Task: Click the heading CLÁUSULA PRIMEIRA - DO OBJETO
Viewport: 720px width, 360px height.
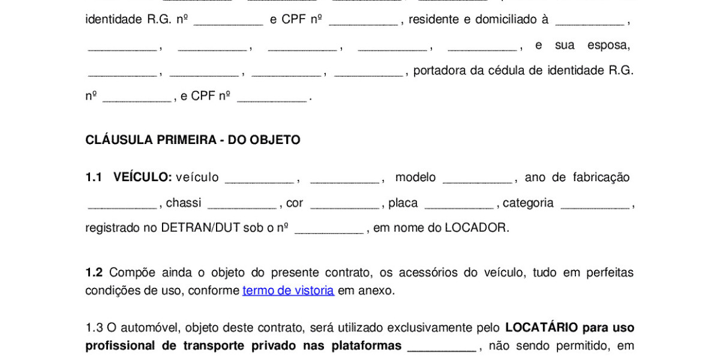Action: click(x=193, y=140)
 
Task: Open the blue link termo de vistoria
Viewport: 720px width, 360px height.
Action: click(x=288, y=290)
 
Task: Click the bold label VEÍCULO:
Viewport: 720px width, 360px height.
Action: click(x=142, y=178)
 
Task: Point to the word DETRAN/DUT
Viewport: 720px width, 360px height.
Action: click(x=201, y=228)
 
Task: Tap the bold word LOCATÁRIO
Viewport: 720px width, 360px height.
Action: click(x=542, y=328)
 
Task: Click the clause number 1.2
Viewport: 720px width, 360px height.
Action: click(x=94, y=272)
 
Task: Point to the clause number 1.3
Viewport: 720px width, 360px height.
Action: click(x=94, y=328)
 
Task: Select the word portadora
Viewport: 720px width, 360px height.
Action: click(x=440, y=71)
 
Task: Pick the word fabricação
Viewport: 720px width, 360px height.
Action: click(x=601, y=178)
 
